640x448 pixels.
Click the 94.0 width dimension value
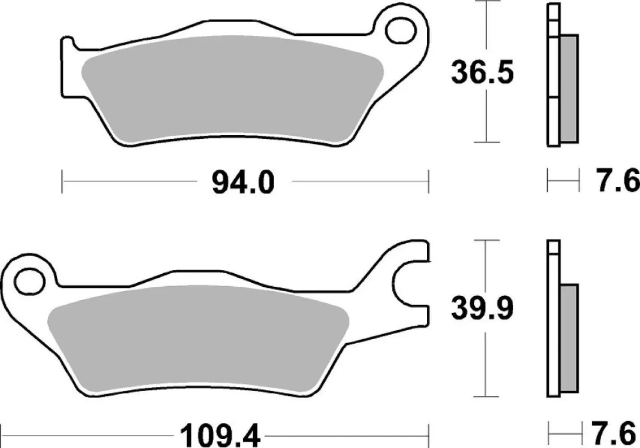243,182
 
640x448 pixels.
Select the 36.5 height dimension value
482,73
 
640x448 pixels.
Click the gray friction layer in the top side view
569,89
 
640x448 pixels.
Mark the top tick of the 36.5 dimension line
486,2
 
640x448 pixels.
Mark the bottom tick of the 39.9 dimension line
486,396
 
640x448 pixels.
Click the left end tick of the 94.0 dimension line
62,182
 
